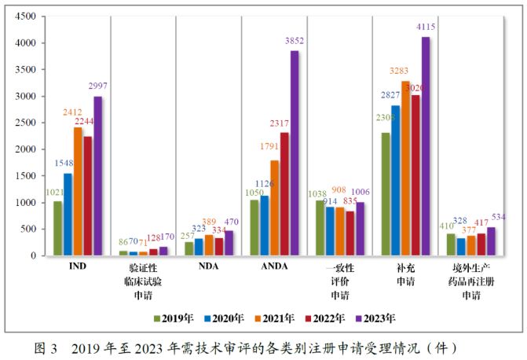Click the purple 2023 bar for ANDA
coord(295,153)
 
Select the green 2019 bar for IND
coord(57,228)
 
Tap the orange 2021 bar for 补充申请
coord(405,168)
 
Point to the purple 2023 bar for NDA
coord(229,243)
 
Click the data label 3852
coord(295,41)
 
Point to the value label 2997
coord(98,86)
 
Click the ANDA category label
coord(274,266)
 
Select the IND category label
coord(77,266)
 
